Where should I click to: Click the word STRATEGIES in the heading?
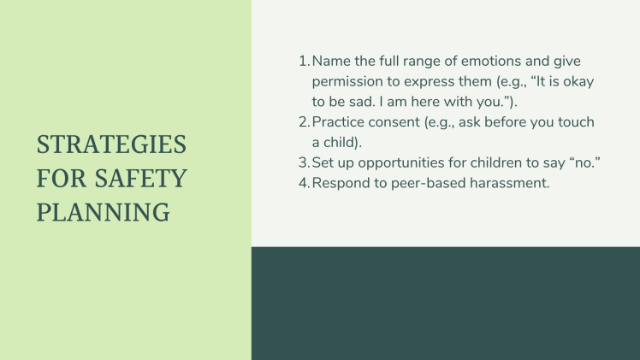tap(111, 145)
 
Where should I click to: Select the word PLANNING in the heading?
tap(103, 212)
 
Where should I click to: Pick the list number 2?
tap(303, 123)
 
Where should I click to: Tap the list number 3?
tap(303, 163)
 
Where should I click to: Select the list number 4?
tap(303, 183)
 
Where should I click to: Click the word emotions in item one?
tap(476, 62)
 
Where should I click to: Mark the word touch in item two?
tap(575, 123)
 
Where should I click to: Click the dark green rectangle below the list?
tap(445, 304)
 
